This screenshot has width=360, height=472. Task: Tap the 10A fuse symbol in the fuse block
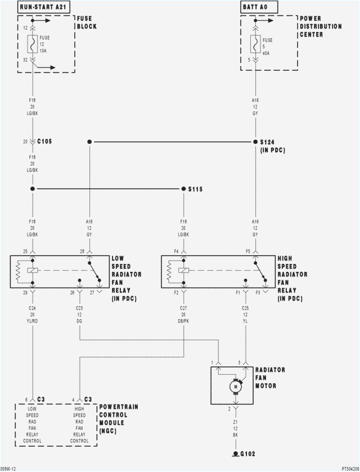pos(33,42)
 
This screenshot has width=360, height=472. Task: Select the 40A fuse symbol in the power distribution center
pos(255,43)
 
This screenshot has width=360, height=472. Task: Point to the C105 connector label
pos(44,142)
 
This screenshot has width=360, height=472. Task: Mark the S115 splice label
pos(195,189)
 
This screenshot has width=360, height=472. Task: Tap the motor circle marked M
pos(235,387)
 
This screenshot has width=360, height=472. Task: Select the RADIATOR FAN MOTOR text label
pos(270,378)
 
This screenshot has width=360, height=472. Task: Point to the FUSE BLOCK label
pos(86,22)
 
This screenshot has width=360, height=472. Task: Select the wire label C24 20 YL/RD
pos(33,315)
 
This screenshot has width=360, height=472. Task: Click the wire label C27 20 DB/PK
pos(183,315)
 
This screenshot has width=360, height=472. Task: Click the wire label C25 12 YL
pos(245,315)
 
